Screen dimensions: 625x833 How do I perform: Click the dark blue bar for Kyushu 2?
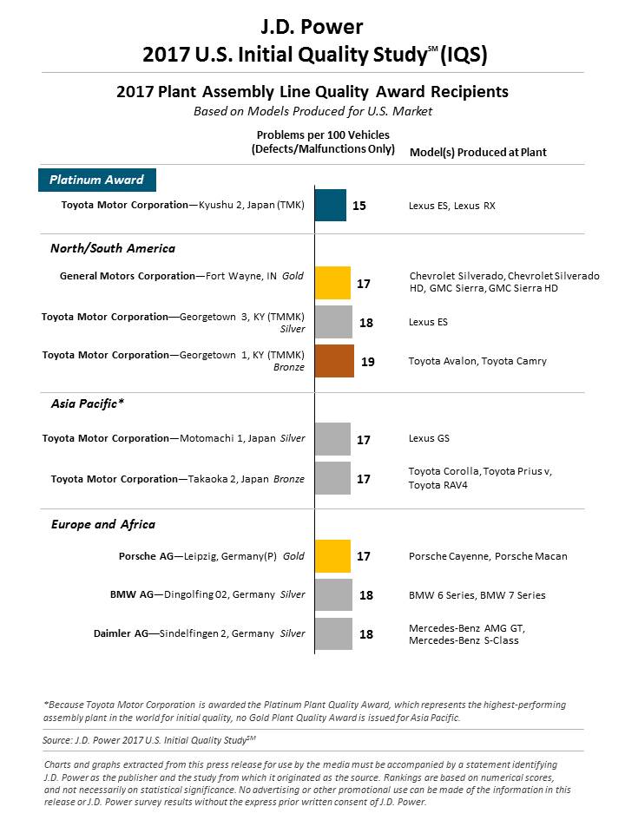(331, 205)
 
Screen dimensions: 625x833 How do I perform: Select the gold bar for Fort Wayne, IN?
(332, 283)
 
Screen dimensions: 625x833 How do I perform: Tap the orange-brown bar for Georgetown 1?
(334, 361)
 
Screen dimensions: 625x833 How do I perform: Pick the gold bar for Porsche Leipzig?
(332, 556)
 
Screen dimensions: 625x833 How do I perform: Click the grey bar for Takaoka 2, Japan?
(332, 478)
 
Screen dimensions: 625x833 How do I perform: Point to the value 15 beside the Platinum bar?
(359, 206)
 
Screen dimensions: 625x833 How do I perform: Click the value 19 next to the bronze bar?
(368, 362)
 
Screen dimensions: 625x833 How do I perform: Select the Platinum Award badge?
(97, 180)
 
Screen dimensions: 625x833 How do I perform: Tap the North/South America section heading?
(113, 248)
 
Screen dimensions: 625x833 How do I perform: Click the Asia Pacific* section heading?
(88, 403)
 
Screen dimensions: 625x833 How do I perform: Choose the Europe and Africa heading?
(103, 524)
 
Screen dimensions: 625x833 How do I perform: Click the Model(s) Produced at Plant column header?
(477, 153)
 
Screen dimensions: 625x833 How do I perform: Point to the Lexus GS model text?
(429, 438)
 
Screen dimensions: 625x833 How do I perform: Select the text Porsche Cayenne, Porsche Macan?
(488, 556)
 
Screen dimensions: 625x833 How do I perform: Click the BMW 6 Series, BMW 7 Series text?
(477, 595)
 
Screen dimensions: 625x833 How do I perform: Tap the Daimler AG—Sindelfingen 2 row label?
(200, 633)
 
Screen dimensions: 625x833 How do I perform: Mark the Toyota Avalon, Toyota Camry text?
(477, 361)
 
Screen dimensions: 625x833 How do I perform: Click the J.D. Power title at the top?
(312, 27)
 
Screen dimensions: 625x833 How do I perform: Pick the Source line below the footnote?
(149, 740)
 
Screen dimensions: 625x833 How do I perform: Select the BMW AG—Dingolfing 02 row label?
(207, 594)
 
